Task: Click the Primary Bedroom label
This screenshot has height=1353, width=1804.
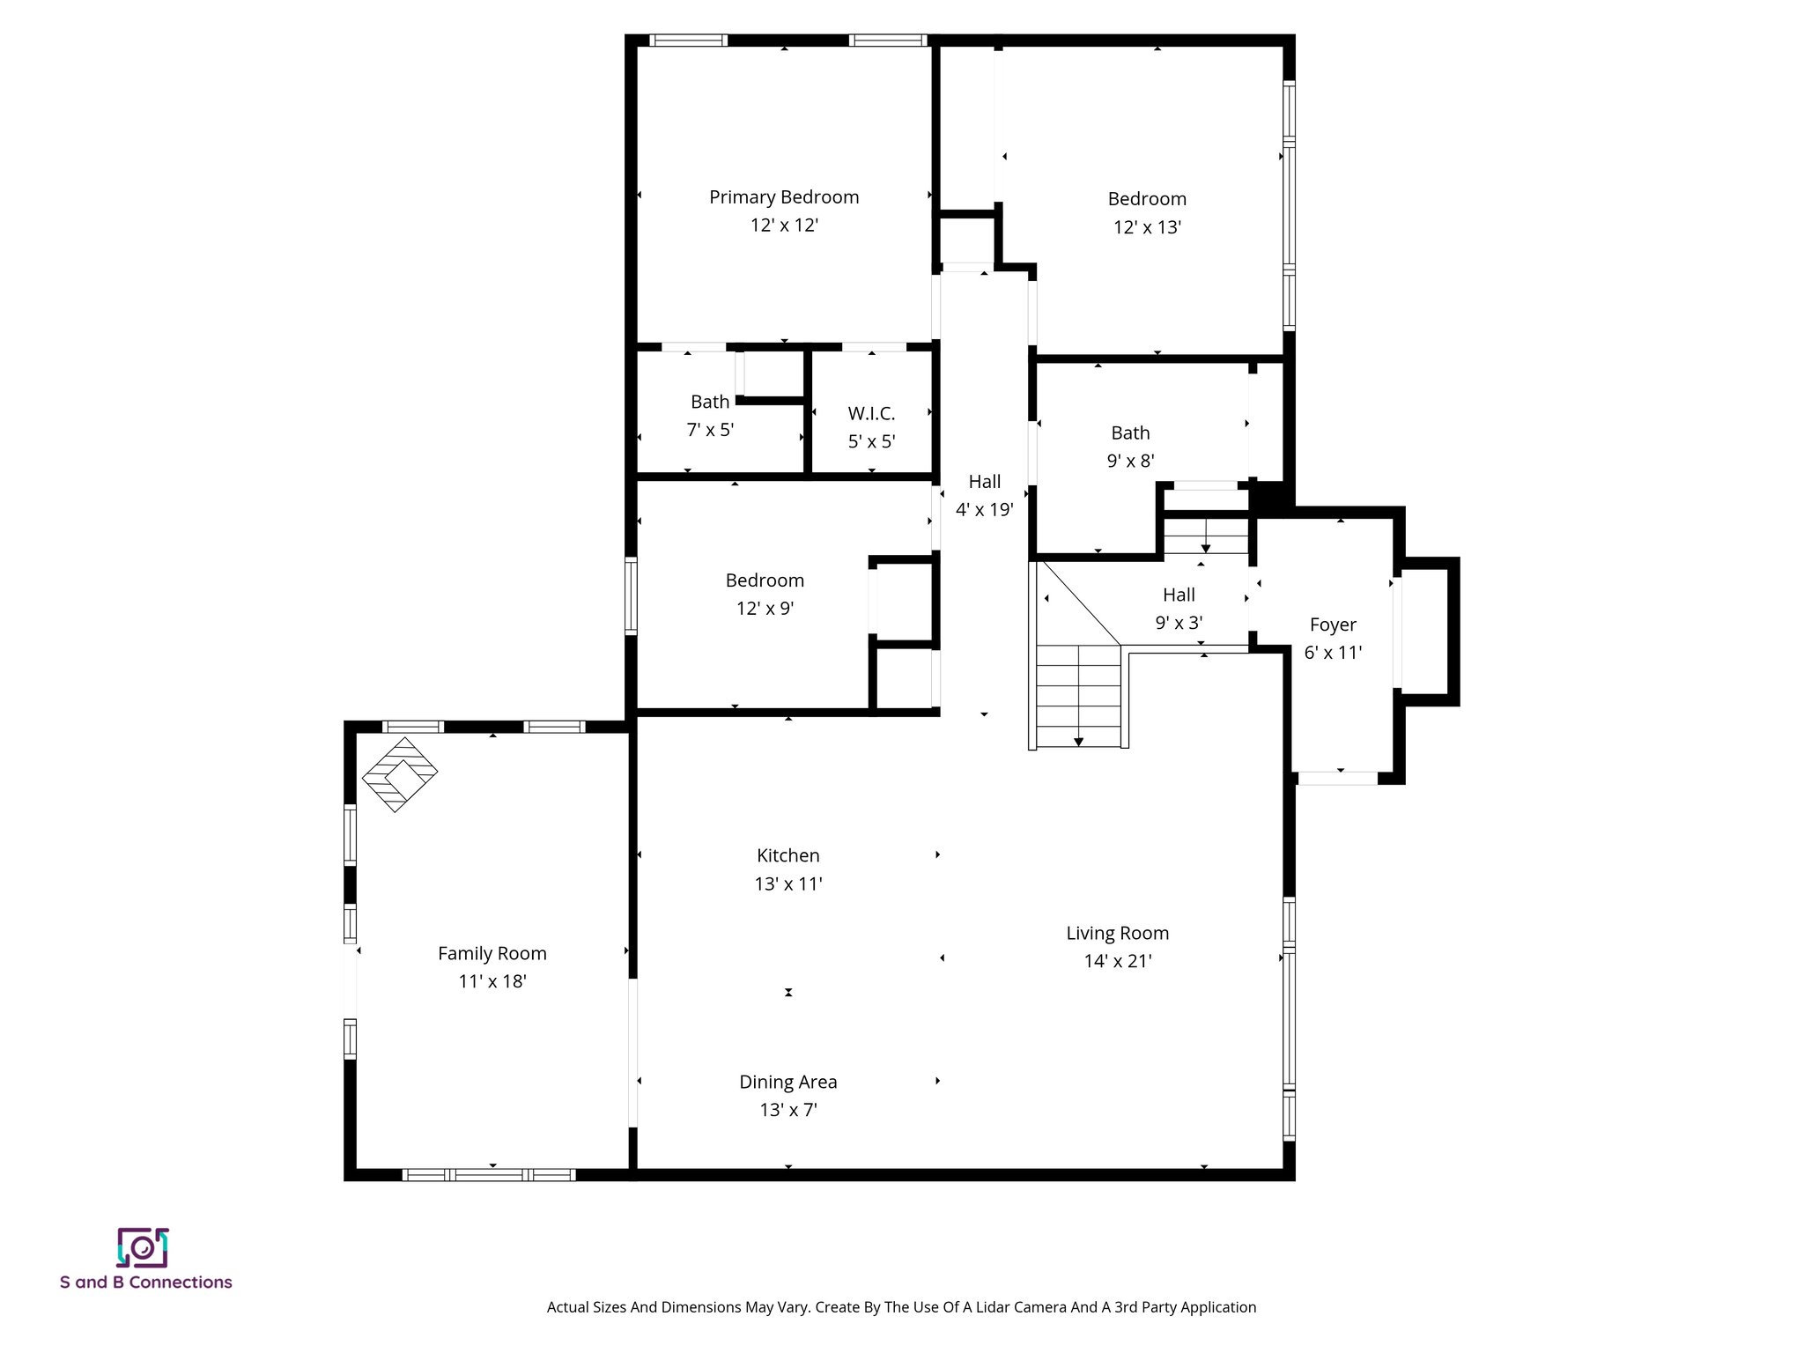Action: coord(784,197)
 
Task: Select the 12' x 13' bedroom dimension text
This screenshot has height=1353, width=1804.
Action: coord(1147,227)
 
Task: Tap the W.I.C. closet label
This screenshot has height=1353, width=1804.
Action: coord(871,413)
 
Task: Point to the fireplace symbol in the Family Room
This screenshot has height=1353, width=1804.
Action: coord(400,774)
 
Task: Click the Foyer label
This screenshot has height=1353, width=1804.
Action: coord(1333,625)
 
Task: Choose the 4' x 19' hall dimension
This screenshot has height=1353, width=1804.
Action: coord(984,510)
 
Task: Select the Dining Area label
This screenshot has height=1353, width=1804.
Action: coord(787,1082)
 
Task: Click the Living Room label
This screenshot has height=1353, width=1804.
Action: coord(1117,933)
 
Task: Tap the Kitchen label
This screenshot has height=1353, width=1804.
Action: coord(787,855)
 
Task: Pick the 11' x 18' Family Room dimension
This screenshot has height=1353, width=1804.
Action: coord(492,981)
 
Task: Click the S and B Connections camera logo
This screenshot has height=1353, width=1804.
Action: coord(143,1247)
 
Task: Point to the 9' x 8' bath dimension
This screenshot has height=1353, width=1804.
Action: coord(1130,461)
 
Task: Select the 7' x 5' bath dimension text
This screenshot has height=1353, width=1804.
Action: coord(710,430)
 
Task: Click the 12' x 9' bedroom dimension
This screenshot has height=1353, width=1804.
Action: coord(765,609)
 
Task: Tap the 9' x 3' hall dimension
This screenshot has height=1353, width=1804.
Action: coord(1179,623)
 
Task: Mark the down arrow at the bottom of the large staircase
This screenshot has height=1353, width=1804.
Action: coord(1078,742)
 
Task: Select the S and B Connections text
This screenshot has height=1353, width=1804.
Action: coord(146,1283)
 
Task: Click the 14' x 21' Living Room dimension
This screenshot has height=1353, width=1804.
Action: coord(1117,961)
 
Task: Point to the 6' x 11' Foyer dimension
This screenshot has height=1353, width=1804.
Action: coord(1333,653)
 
